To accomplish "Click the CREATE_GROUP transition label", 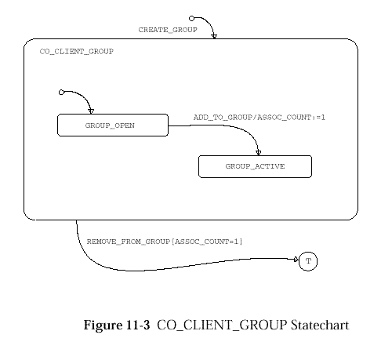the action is click(168, 30).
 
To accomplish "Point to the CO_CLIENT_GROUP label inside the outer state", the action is click(77, 51).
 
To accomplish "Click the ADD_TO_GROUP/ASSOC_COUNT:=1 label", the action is click(260, 117).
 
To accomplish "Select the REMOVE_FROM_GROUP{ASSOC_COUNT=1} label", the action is click(165, 242).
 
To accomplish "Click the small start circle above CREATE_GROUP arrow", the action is click(191, 18).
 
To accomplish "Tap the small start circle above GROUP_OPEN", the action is click(61, 92).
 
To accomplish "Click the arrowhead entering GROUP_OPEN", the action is click(91, 111).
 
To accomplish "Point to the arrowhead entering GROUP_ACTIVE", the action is click(259, 153).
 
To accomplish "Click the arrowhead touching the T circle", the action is click(296, 260).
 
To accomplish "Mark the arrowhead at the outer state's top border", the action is click(214, 36).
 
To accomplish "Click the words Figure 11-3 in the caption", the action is click(117, 325).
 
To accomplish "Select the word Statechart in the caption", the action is click(320, 325).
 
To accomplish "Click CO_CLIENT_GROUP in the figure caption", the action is click(222, 325).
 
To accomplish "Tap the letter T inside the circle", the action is click(308, 261).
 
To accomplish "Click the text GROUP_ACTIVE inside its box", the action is click(255, 166).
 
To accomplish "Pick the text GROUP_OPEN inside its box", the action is click(110, 125).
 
